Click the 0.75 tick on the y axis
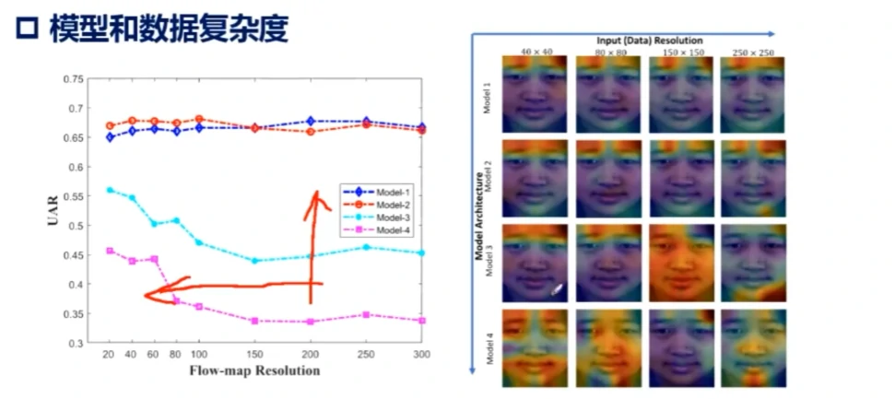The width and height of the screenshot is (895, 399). [72, 79]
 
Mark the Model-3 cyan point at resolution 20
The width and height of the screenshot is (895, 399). [110, 190]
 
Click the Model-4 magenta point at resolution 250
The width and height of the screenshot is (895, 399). [367, 315]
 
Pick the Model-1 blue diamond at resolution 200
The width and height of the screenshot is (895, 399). [311, 121]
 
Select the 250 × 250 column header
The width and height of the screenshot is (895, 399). [754, 53]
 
